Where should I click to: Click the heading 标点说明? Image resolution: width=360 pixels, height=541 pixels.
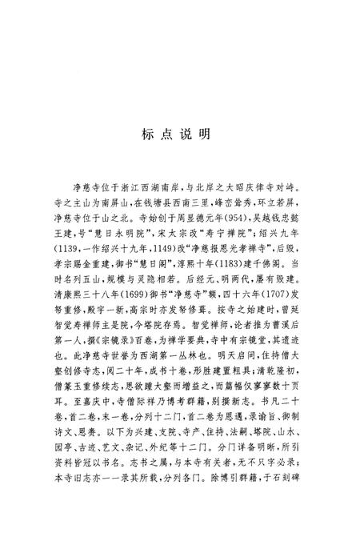click(179, 134)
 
